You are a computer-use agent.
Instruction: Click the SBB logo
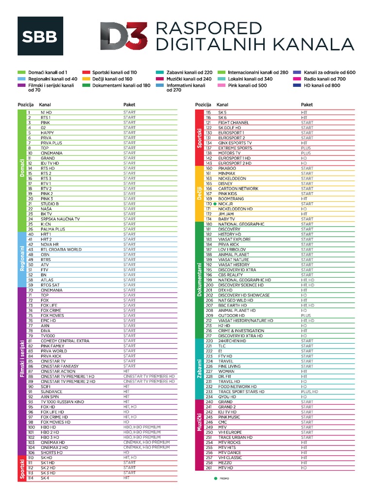(x=40, y=36)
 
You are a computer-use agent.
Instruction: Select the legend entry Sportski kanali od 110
(x=110, y=72)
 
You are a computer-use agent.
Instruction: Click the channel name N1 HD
(x=46, y=113)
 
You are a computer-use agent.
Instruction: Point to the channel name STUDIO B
(x=50, y=204)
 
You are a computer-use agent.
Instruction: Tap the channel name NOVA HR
(x=50, y=245)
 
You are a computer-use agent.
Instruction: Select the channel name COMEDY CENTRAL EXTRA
(x=65, y=341)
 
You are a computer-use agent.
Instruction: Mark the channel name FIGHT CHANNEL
(x=234, y=123)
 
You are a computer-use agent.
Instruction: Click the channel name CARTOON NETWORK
(x=238, y=189)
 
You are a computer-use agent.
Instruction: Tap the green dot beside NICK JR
(x=215, y=204)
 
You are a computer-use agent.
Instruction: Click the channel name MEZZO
(x=225, y=463)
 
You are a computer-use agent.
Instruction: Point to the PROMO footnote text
(x=225, y=479)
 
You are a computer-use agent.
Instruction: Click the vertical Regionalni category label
(x=22, y=259)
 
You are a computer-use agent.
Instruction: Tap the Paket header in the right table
(x=307, y=105)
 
